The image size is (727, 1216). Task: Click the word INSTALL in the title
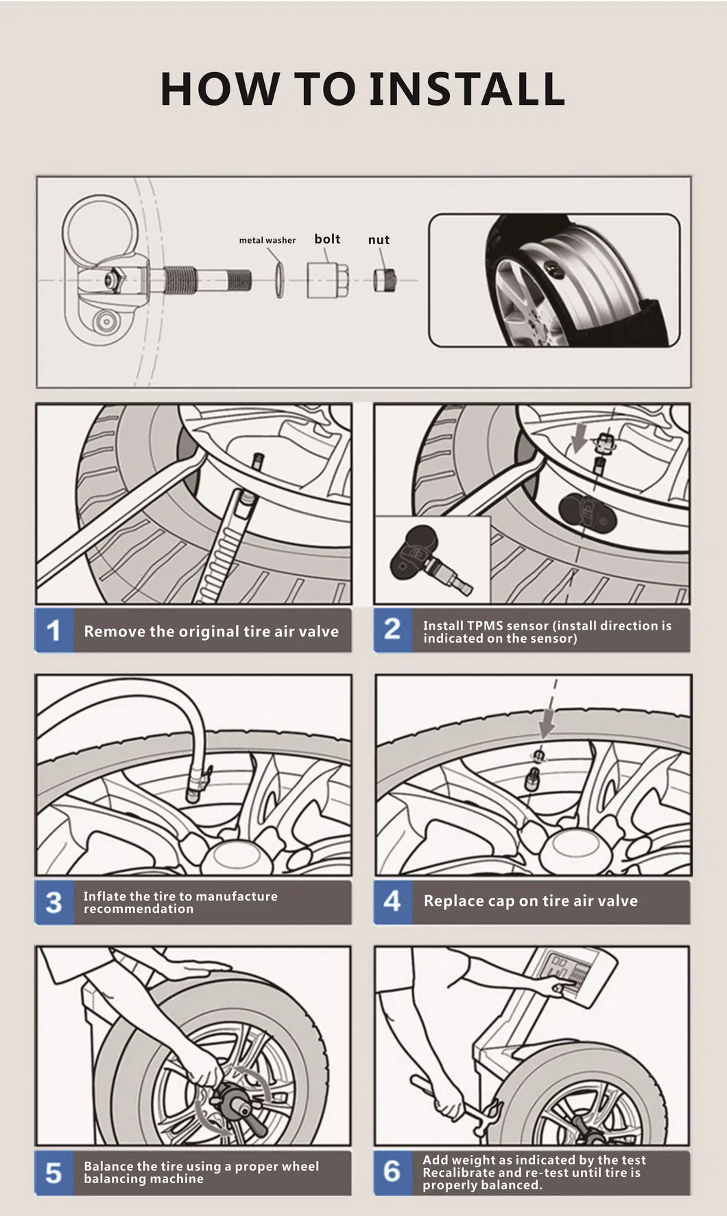click(x=466, y=89)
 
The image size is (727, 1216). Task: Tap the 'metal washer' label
click(x=267, y=240)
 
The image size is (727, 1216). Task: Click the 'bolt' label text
click(x=327, y=239)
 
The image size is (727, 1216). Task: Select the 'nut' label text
click(x=379, y=240)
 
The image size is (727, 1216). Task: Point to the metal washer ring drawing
click(x=278, y=280)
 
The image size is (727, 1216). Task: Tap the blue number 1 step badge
click(x=53, y=630)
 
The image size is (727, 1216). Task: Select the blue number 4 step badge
click(x=392, y=901)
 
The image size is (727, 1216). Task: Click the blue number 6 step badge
click(x=392, y=1171)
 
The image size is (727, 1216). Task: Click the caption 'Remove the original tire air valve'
click(x=211, y=632)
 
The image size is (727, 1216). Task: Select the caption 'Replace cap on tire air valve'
click(x=530, y=901)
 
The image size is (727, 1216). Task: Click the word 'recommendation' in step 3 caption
click(x=139, y=909)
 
